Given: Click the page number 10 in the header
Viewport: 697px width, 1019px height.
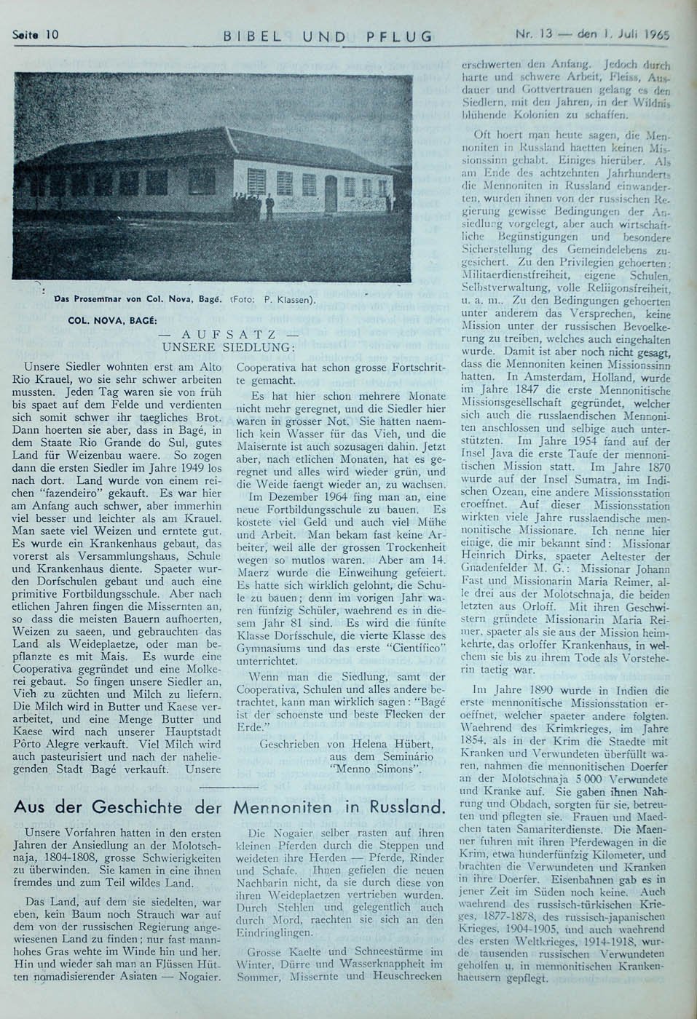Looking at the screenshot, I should coord(51,34).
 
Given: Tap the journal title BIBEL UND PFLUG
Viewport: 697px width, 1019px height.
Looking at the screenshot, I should coord(327,36).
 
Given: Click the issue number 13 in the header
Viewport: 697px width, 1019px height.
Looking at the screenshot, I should coord(544,33).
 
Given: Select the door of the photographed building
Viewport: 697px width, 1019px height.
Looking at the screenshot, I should coord(331,193).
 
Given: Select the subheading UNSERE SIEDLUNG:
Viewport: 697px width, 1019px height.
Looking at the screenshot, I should coord(228,347).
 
